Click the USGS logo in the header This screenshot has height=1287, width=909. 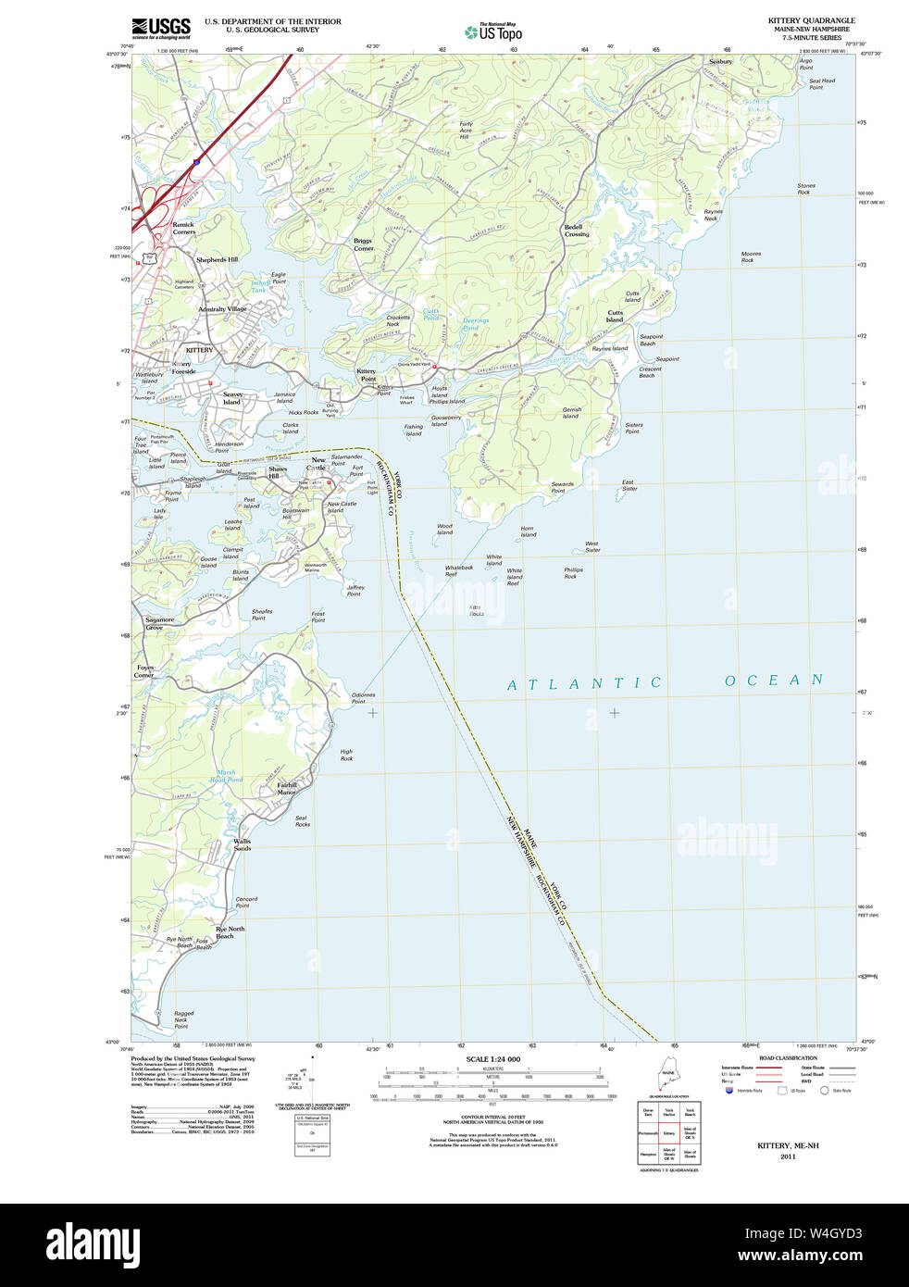[x=161, y=28]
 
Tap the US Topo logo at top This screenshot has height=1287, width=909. [x=493, y=32]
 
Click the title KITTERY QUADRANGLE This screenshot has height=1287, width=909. [x=811, y=20]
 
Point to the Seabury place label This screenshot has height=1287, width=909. [x=720, y=62]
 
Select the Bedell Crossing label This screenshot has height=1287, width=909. [x=575, y=231]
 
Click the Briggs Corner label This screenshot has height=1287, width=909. [x=363, y=244]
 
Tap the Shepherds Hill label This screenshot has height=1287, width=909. [x=217, y=260]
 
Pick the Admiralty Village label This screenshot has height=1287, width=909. [x=222, y=309]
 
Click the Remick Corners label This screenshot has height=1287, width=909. [x=183, y=228]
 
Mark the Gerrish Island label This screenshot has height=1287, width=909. [x=571, y=413]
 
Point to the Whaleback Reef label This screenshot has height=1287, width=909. [x=458, y=570]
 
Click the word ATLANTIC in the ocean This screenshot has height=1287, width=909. [x=584, y=683]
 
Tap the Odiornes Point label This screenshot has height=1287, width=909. [x=363, y=698]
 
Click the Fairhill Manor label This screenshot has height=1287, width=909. [x=287, y=789]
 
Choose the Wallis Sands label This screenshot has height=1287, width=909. [x=242, y=845]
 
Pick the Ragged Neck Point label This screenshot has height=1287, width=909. [x=182, y=1019]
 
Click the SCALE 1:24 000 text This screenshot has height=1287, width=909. [x=492, y=1059]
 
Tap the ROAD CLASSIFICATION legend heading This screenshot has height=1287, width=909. [x=788, y=1057]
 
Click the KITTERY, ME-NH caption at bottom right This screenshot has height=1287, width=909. [x=788, y=1145]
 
